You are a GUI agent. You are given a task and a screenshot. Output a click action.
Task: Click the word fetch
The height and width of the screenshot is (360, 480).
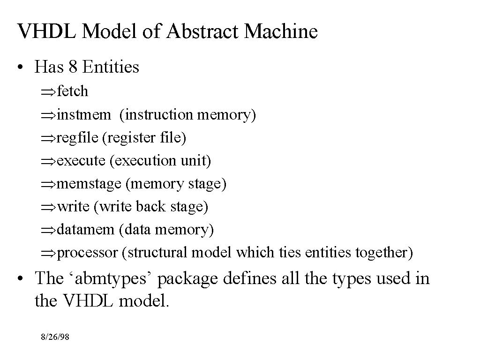[x=72, y=91]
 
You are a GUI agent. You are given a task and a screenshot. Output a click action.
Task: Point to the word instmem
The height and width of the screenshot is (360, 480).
[x=84, y=114]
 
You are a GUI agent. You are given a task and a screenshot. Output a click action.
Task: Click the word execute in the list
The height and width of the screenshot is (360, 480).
[x=81, y=161]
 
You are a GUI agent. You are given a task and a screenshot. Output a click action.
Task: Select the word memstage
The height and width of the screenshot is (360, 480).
[x=89, y=184]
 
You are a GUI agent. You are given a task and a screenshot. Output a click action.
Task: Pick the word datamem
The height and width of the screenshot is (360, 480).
[x=85, y=230]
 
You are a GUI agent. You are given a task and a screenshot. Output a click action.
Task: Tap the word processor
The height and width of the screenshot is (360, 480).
[x=87, y=253]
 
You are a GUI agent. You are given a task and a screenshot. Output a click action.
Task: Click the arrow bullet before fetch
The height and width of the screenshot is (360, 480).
[x=48, y=92]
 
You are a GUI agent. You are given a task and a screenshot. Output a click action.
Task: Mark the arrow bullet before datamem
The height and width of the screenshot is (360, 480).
[x=48, y=230]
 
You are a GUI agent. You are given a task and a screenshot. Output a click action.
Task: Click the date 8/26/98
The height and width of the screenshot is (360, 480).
[x=55, y=337]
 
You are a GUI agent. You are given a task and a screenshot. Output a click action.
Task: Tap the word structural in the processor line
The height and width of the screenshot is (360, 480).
[x=157, y=253]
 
